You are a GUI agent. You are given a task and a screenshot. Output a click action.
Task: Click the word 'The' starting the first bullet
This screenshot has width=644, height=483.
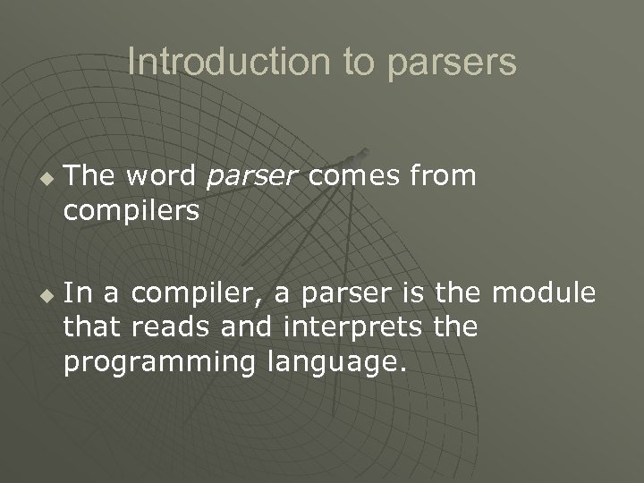pos(90,177)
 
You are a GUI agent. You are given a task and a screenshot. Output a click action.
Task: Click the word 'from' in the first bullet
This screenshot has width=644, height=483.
pos(445,177)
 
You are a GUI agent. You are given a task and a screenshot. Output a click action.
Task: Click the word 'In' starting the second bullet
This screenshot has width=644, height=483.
pos(77,294)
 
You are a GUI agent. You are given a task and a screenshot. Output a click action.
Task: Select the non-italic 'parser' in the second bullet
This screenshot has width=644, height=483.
pos(333,294)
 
